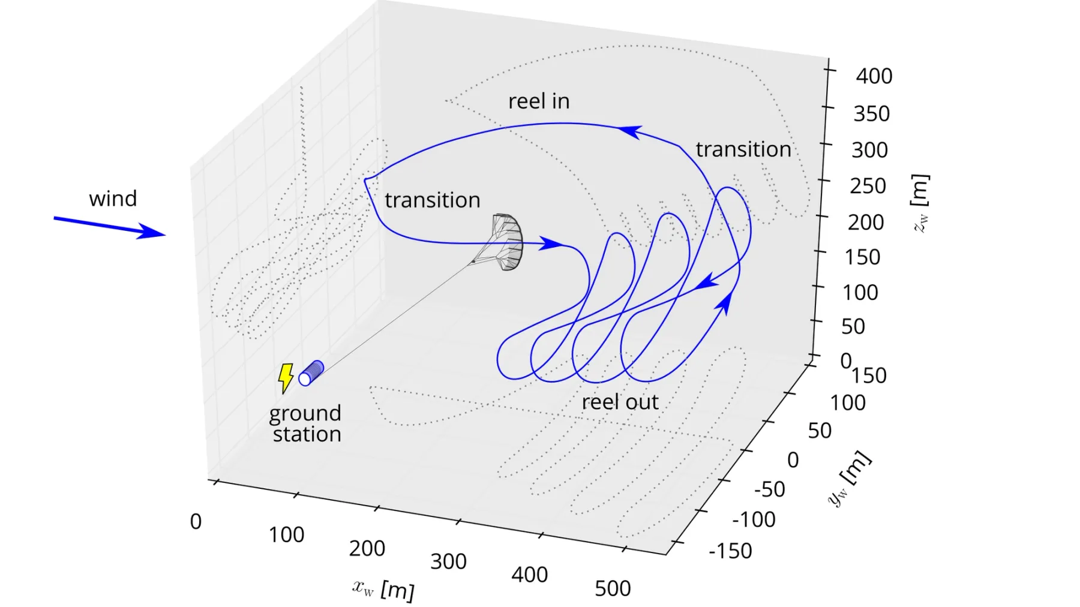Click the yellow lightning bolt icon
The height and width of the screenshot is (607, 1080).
286,377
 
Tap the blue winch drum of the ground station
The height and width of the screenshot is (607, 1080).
311,372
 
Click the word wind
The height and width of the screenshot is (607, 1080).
113,199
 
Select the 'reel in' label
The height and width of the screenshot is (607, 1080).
539,101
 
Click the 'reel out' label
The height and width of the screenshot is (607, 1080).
620,402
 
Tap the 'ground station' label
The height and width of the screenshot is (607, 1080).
305,423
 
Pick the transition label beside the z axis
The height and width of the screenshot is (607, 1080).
743,149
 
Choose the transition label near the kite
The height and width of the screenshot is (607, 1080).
432,200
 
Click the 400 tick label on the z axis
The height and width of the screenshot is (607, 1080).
874,76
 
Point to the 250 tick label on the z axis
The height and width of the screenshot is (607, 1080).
868,186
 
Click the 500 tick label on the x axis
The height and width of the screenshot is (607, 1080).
613,588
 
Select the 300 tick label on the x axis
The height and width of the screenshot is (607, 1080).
448,561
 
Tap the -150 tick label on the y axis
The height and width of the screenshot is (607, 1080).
730,551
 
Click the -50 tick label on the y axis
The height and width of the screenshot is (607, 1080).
769,489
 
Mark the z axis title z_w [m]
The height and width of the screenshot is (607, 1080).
920,203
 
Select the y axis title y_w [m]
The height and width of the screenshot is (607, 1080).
848,479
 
